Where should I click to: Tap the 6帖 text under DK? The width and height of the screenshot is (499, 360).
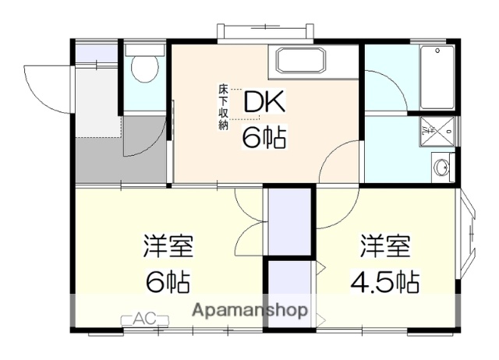point(264,138)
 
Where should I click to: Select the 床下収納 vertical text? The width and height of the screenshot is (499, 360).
point(223,106)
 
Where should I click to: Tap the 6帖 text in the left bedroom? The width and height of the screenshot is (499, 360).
point(168,281)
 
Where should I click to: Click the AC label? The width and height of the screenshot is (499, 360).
point(143,318)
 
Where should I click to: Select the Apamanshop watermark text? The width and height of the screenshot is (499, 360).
point(249,309)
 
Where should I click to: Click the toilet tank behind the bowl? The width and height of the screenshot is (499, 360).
point(143,49)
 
